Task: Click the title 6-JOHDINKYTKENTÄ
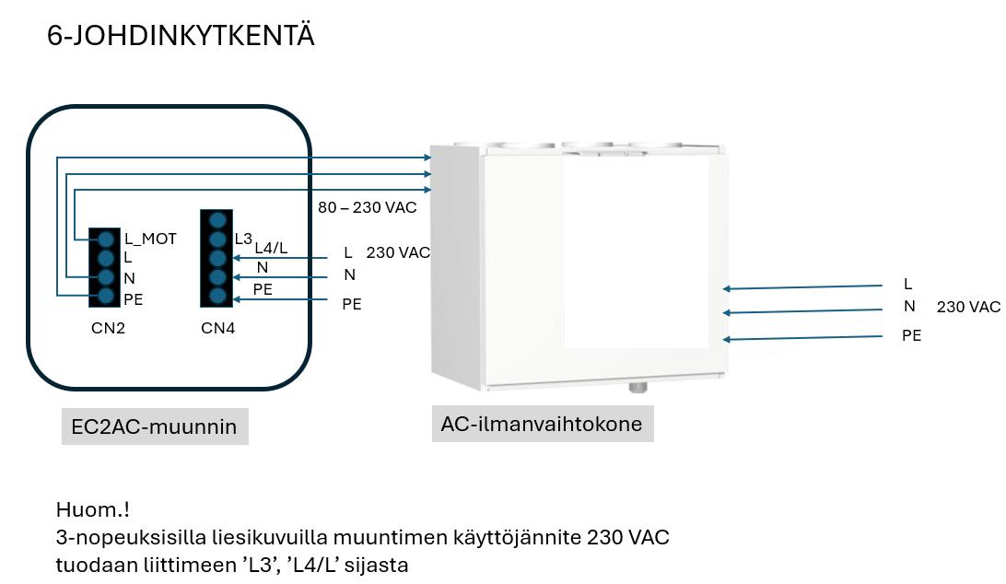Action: (181, 37)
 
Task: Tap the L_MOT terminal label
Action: (149, 239)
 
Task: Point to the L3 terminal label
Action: (243, 239)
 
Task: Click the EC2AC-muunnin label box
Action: (154, 426)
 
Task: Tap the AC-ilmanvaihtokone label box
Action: (542, 424)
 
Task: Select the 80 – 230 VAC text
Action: (367, 207)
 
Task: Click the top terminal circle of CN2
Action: (106, 239)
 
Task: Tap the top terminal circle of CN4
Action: (217, 220)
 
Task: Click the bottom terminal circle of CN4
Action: (217, 296)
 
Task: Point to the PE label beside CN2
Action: (133, 298)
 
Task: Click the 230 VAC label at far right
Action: (968, 308)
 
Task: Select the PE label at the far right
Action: (911, 336)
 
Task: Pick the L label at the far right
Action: (908, 285)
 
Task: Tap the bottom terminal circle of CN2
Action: (106, 296)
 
